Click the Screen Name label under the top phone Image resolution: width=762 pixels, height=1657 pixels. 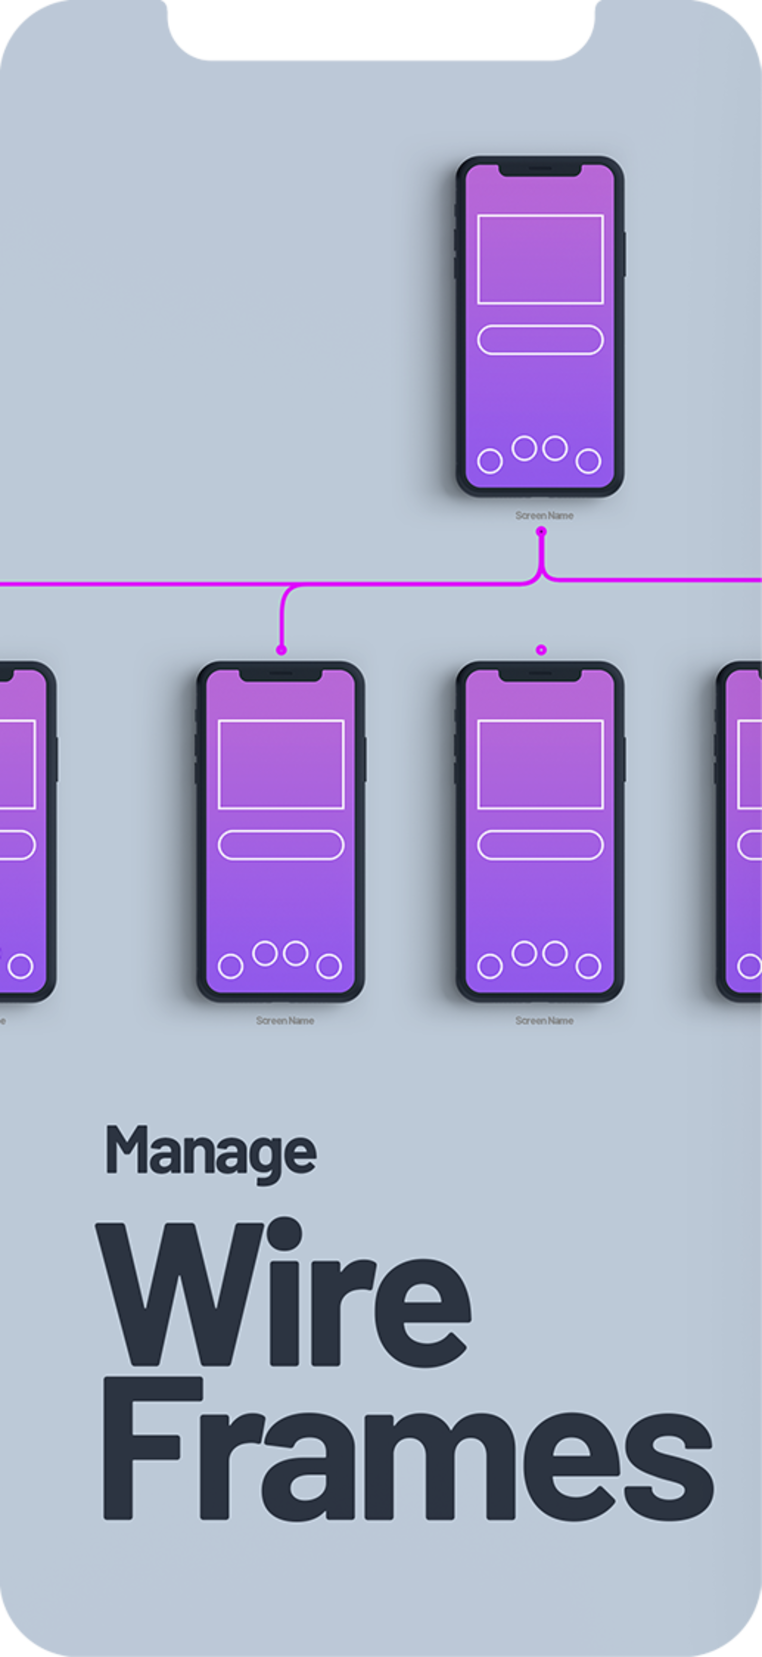544,515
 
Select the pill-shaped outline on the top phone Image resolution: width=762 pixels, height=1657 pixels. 540,340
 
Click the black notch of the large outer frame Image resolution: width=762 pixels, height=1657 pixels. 381,29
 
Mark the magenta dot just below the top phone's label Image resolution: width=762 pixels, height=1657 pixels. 542,531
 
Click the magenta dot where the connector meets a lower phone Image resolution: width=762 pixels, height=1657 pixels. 281,650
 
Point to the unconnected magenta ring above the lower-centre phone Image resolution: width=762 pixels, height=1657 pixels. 542,650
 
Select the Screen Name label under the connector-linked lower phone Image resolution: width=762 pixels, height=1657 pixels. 285,1020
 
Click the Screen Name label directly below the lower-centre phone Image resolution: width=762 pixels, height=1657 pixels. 544,1020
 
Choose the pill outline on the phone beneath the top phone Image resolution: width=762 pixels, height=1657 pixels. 540,845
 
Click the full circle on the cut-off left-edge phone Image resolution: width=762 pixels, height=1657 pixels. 21,965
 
